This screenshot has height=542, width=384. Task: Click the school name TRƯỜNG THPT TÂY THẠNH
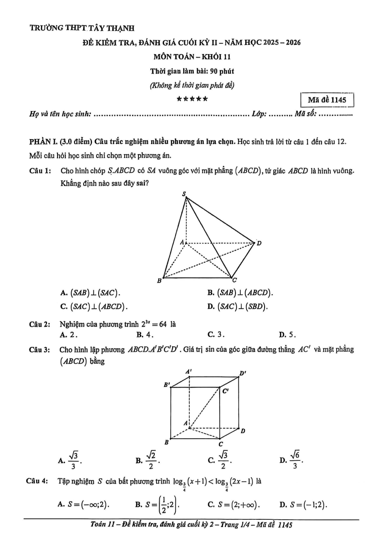pos(75,29)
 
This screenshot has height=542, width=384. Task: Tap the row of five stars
pos(192,100)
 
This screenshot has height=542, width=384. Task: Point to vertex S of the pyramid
pos(184,194)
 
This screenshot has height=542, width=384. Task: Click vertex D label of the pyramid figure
pos(259,243)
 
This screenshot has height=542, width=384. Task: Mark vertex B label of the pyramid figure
pos(159,281)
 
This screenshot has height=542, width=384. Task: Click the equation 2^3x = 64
pos(151,324)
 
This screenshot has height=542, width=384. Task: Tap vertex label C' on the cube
pos(225,392)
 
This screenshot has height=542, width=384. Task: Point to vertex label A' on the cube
pos(189,371)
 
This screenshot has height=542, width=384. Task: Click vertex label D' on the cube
pos(243,373)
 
